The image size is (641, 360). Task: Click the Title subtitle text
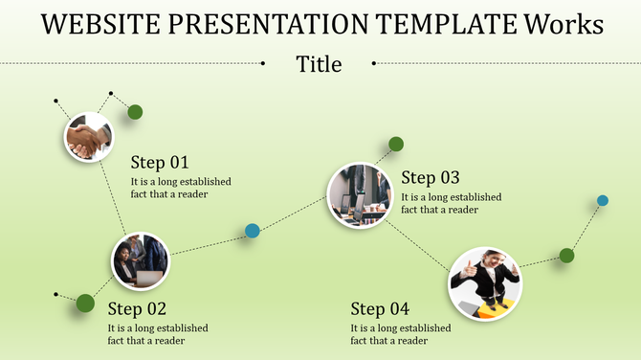pyautogui.click(x=319, y=64)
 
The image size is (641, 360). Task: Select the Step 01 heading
pyautogui.click(x=160, y=162)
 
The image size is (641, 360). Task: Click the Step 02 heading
pyautogui.click(x=137, y=308)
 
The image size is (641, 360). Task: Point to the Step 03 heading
pyautogui.click(x=431, y=177)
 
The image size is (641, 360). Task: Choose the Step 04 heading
pyautogui.click(x=380, y=308)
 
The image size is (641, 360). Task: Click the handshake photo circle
pyautogui.click(x=88, y=137)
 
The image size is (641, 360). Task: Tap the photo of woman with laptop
pyautogui.click(x=141, y=260)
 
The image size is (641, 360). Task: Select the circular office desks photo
pyautogui.click(x=360, y=194)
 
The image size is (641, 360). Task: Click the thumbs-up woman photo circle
pyautogui.click(x=484, y=282)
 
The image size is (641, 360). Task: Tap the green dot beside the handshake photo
pyautogui.click(x=135, y=112)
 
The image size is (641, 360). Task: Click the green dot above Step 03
pyautogui.click(x=396, y=145)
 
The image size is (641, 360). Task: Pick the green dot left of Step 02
pyautogui.click(x=85, y=304)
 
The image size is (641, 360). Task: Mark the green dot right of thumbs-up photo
pyautogui.click(x=566, y=255)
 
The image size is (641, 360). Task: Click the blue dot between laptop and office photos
pyautogui.click(x=253, y=231)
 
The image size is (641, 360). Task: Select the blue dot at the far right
pyautogui.click(x=603, y=200)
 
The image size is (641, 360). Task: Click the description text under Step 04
pyautogui.click(x=400, y=334)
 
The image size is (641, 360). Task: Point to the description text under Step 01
pyautogui.click(x=181, y=188)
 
